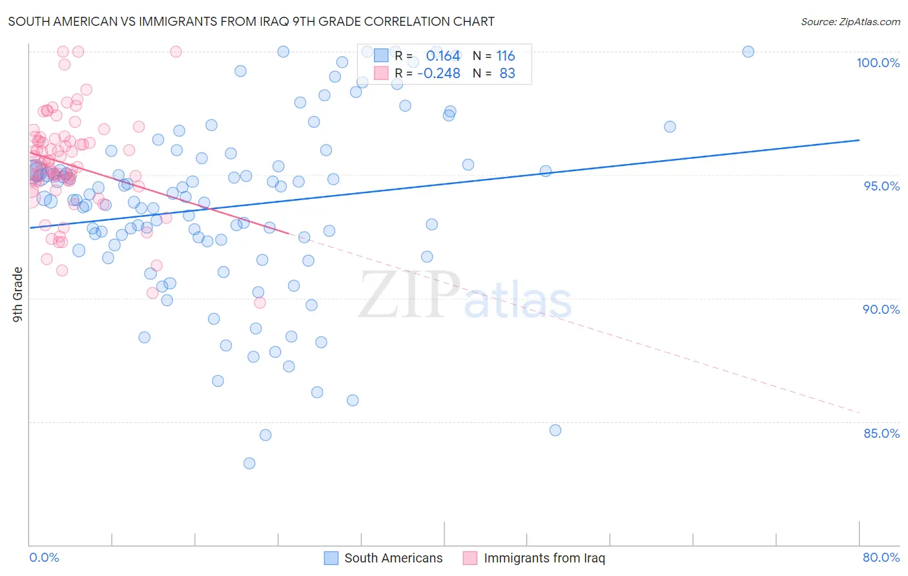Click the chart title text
tap(251, 21)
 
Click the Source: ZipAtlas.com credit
tap(850, 21)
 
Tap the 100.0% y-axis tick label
tap(878, 63)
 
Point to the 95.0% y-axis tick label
tap(882, 186)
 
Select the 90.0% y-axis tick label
tap(882, 309)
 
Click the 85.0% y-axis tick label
tap(882, 433)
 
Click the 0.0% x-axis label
tap(44, 557)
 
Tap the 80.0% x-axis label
tap(881, 557)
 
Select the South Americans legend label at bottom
tap(393, 558)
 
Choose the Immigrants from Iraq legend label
tap(544, 558)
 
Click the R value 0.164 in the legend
tap(443, 56)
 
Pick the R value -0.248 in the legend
tap(439, 74)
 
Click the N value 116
tap(506, 56)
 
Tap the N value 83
tap(508, 74)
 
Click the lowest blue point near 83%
tap(249, 463)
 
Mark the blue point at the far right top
tap(748, 52)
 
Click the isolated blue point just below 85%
tap(555, 430)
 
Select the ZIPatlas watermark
tap(465, 296)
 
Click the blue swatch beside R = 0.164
tap(381, 56)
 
